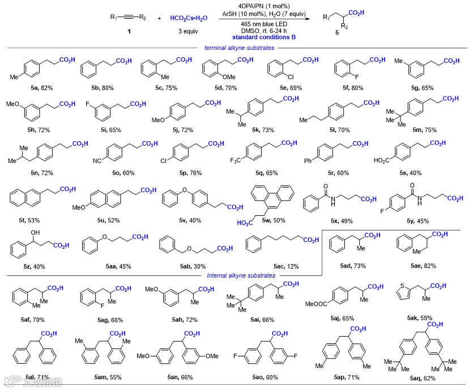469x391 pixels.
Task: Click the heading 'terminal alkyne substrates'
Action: (x=239, y=48)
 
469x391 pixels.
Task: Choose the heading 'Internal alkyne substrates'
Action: (x=240, y=275)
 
